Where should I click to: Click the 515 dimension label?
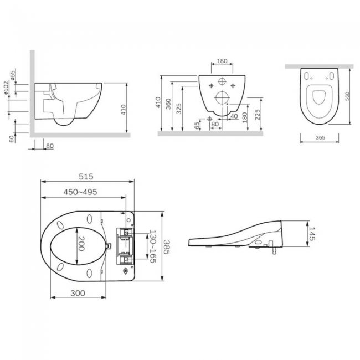(x=86, y=177)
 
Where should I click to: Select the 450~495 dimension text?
(x=80, y=192)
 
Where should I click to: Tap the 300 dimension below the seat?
(x=78, y=293)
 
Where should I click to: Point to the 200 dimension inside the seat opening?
(x=81, y=244)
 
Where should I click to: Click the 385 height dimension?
(x=166, y=247)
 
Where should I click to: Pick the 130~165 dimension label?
(x=153, y=246)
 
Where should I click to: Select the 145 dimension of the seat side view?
(x=312, y=234)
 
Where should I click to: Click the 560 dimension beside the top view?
(x=347, y=96)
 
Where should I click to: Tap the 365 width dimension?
(x=320, y=137)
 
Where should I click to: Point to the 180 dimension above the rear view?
(x=222, y=61)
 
